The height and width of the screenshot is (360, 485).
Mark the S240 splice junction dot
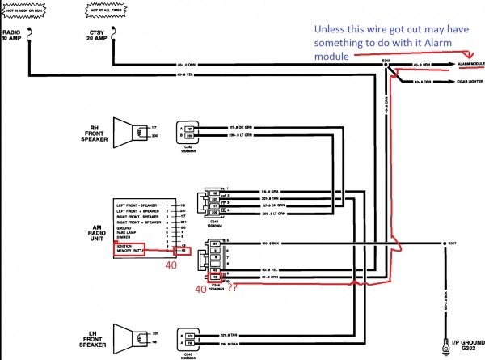pos(385,64)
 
